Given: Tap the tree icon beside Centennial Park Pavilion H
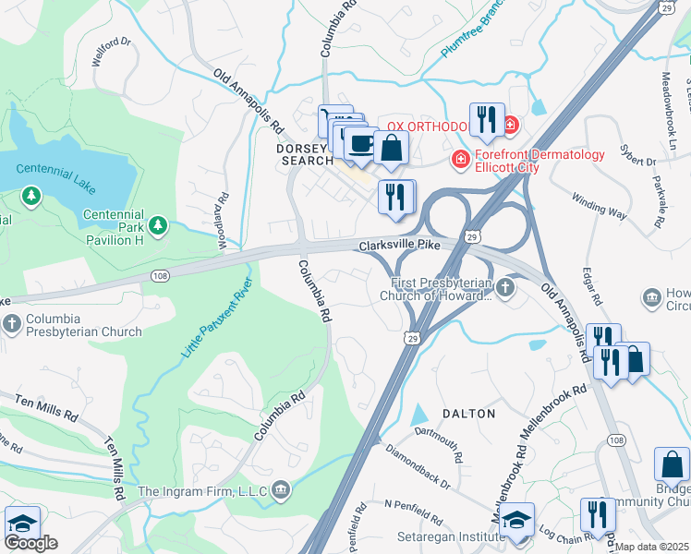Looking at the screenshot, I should (x=158, y=224).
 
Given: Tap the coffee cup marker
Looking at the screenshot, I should (x=359, y=144).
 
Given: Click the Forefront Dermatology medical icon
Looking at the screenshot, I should (x=459, y=162).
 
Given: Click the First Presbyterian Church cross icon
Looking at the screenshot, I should (x=504, y=289).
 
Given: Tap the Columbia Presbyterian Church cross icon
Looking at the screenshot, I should (x=11, y=324).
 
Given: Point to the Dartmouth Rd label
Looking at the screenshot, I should (x=438, y=439).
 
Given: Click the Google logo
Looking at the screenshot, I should (x=30, y=543).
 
